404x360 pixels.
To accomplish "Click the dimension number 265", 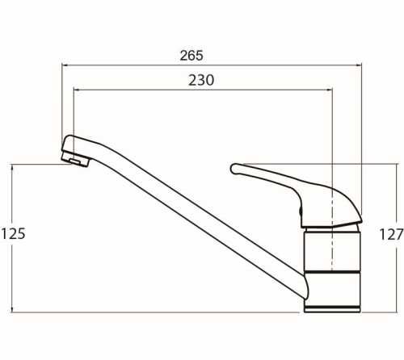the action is tap(191, 56).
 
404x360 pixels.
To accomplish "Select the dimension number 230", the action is tap(201, 80).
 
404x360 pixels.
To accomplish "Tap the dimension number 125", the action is tap(13, 233).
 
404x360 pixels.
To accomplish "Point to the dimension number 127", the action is tap(391, 234).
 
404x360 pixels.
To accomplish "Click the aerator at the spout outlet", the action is tap(76, 160).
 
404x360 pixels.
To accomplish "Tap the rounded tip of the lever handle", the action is tap(234, 169).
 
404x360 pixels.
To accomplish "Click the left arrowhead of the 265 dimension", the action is tap(65, 65).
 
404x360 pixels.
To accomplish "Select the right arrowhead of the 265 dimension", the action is tap(359, 65).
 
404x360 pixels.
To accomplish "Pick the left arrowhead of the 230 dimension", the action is tap(76, 90).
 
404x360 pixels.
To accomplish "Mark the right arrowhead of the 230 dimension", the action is tap(330, 90).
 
